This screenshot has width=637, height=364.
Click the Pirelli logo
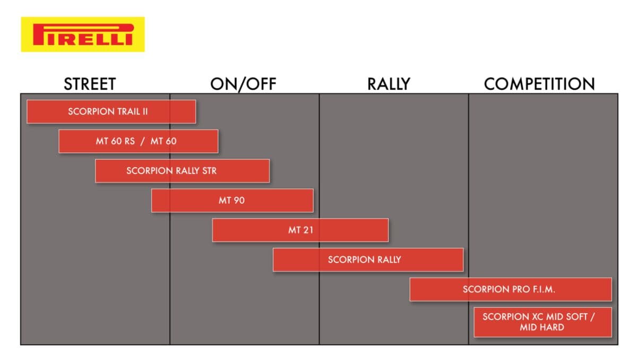[83, 34]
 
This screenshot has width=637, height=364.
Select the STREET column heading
[90, 84]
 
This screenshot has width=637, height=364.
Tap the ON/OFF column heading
[243, 84]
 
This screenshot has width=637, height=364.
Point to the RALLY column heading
[389, 84]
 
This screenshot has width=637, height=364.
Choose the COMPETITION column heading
[539, 84]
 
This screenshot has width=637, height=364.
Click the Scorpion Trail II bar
[111, 111]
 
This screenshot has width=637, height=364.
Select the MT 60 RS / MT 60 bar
[139, 141]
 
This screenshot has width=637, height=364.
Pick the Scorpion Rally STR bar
[182, 171]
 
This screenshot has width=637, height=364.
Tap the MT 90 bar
[233, 201]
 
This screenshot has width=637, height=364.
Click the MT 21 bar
[300, 230]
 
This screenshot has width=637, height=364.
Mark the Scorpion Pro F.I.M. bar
[511, 289]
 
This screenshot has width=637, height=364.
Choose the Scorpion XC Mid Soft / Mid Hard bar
[543, 322]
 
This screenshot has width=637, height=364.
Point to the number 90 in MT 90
[239, 201]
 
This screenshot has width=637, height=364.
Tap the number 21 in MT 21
[308, 230]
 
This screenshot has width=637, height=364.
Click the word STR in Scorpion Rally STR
[209, 171]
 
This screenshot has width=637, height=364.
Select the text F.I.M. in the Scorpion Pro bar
[544, 289]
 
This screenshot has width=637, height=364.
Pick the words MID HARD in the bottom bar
[542, 327]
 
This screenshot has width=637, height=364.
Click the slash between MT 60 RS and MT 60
[142, 142]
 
